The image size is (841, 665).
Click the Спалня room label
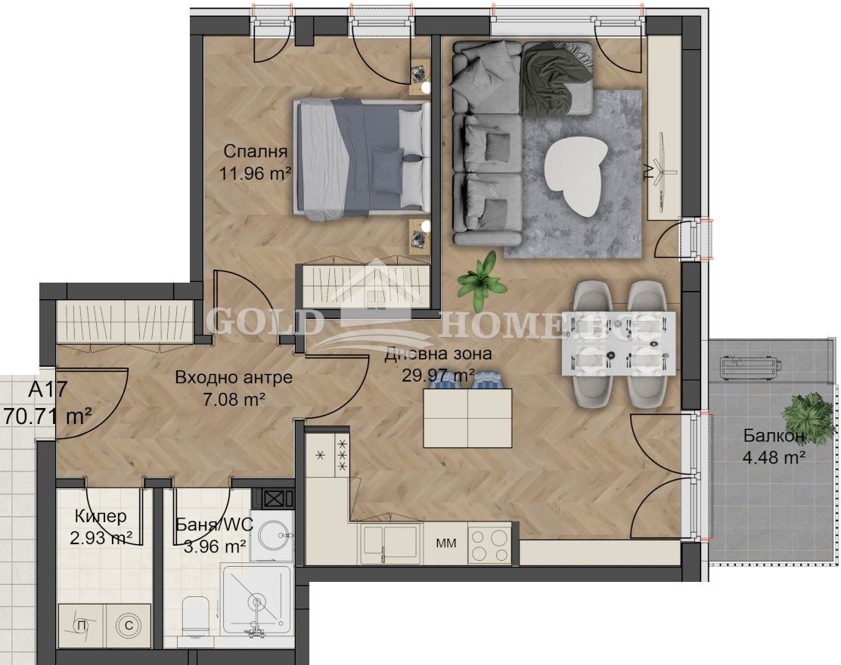[x=256, y=152]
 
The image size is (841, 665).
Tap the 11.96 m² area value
[x=255, y=173]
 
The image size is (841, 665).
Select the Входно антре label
[x=234, y=377]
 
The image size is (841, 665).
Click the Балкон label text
[x=774, y=436]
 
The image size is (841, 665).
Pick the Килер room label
[x=101, y=516]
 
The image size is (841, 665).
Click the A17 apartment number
[x=48, y=390]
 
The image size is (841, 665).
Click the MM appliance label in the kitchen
[x=445, y=543]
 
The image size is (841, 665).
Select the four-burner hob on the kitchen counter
[x=489, y=546]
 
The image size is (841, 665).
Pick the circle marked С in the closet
[x=129, y=625]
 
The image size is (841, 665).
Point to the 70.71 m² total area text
[x=48, y=416]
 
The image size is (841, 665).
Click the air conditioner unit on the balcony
[x=749, y=367]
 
